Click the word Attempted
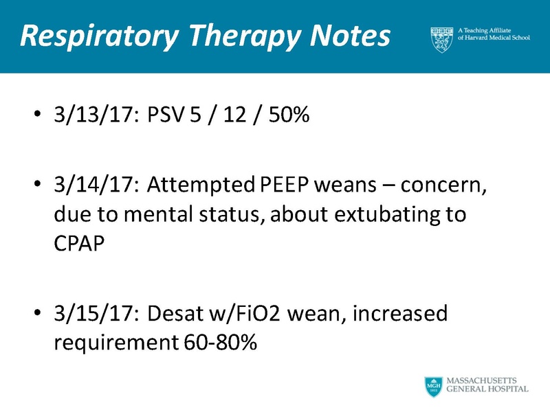(202, 185)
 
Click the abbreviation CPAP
(79, 244)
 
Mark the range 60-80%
(221, 343)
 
